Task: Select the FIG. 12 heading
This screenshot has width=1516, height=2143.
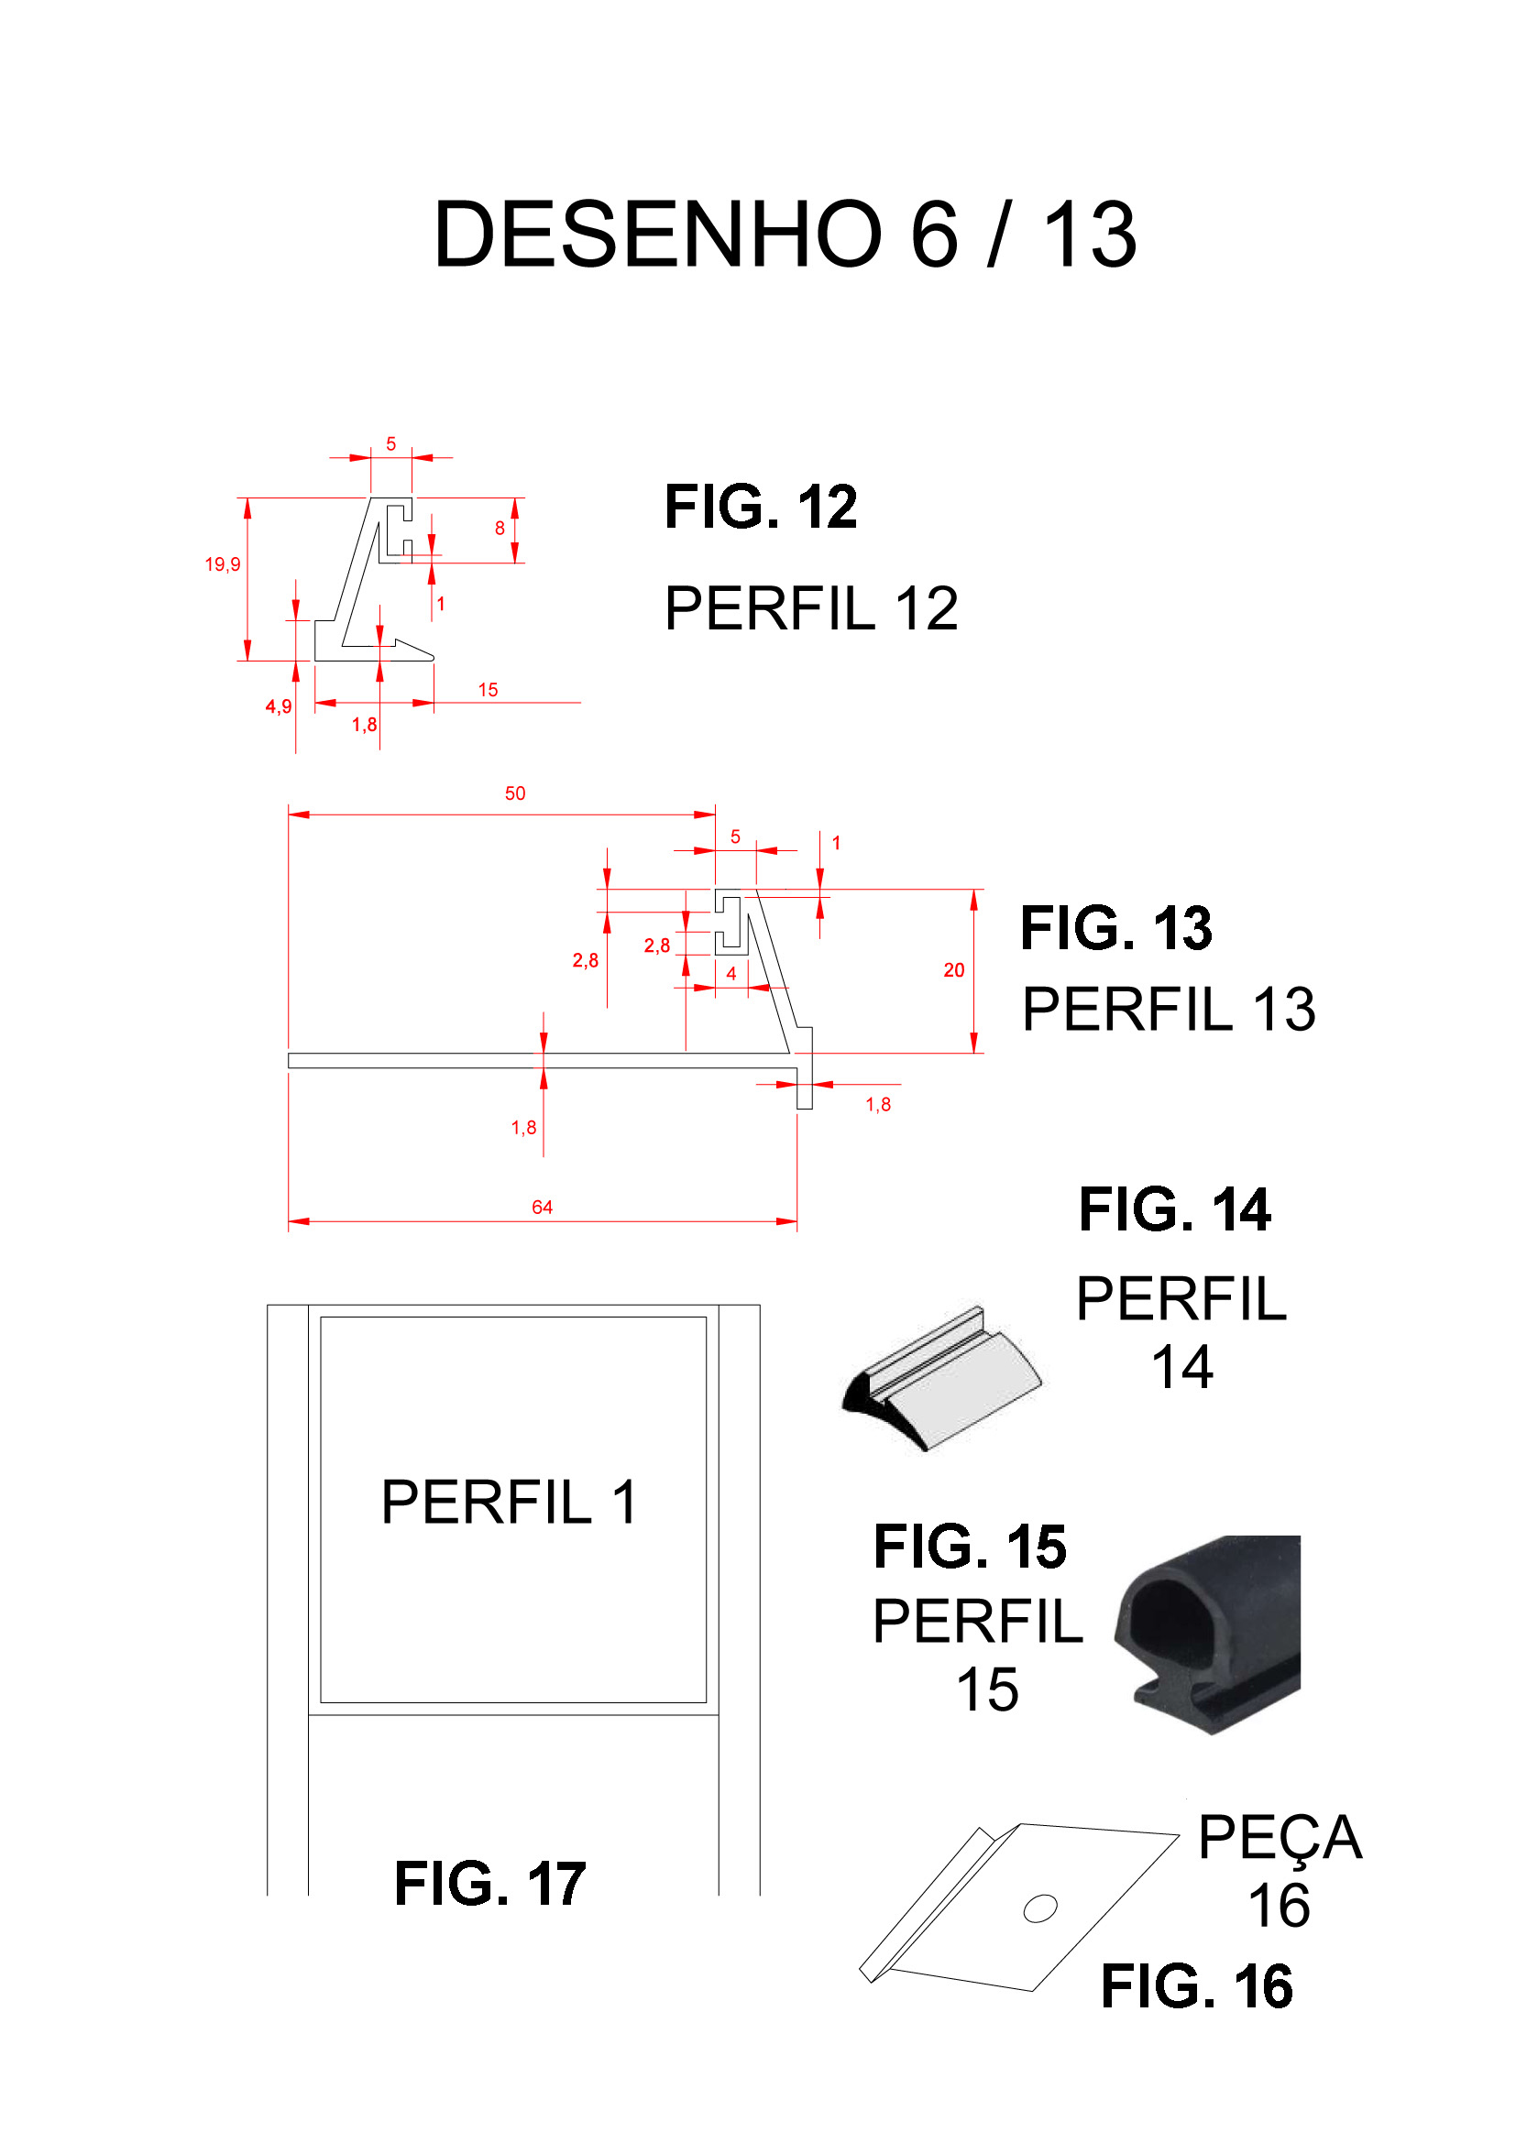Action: pyautogui.click(x=761, y=507)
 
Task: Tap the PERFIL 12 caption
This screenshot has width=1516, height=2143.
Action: pyautogui.click(x=811, y=608)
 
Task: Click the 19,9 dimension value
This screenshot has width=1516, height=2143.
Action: pyautogui.click(x=222, y=564)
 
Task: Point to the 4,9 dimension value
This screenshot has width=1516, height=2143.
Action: pyautogui.click(x=279, y=706)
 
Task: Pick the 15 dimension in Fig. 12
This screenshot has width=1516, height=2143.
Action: pyautogui.click(x=489, y=690)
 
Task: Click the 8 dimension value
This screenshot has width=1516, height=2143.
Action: pyautogui.click(x=500, y=529)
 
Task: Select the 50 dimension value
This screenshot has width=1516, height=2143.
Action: pyautogui.click(x=515, y=793)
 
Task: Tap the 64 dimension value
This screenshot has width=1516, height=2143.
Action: pyautogui.click(x=543, y=1207)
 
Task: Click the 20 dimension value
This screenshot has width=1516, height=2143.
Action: pyautogui.click(x=954, y=969)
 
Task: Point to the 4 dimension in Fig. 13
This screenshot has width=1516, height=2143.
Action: pyautogui.click(x=731, y=974)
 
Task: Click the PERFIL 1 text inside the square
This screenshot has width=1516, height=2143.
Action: pyautogui.click(x=510, y=1503)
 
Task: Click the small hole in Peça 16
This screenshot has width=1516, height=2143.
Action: pyautogui.click(x=1040, y=1908)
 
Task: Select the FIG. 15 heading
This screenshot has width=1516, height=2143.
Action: pyautogui.click(x=970, y=1547)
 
